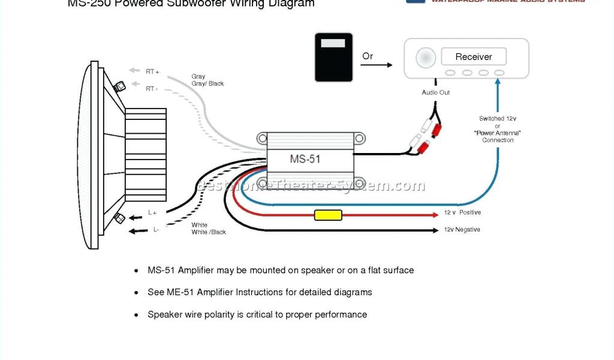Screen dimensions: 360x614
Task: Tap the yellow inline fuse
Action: [x=328, y=215]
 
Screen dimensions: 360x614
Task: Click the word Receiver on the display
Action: [x=474, y=57]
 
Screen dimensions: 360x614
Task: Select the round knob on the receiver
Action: [x=426, y=58]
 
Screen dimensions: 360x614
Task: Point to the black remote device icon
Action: [x=333, y=58]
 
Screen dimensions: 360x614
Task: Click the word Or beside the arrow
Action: [x=368, y=56]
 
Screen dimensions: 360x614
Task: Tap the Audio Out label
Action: [x=436, y=92]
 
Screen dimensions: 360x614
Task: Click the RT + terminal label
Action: [x=152, y=72]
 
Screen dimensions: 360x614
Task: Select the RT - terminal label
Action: [x=152, y=89]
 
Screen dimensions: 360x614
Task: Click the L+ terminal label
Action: [x=152, y=212]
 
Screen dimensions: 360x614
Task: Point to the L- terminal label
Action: [x=156, y=229]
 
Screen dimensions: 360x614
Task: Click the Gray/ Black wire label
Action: [x=207, y=84]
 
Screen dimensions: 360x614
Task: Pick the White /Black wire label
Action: [x=209, y=232]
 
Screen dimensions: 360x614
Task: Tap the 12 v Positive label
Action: [x=462, y=213]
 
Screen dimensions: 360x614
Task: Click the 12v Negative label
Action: [x=462, y=230]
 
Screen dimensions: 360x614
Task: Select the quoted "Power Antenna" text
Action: [x=498, y=133]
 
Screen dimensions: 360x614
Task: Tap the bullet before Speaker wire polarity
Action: [x=136, y=314]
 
